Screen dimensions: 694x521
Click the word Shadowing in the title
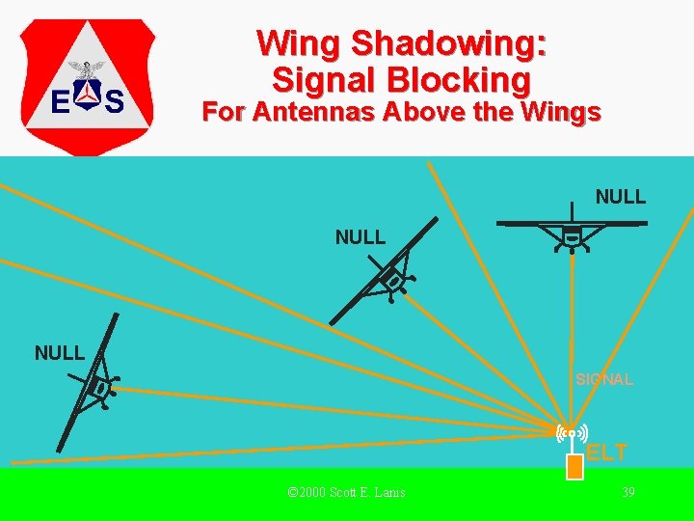click(x=449, y=44)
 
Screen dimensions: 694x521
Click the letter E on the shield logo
click(x=59, y=100)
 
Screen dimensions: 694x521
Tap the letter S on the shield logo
click(x=115, y=100)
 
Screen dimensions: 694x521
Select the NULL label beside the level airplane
click(x=621, y=198)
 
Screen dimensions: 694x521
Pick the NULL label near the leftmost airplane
click(x=60, y=353)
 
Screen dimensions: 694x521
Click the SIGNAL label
click(x=604, y=380)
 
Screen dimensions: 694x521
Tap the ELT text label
click(x=607, y=452)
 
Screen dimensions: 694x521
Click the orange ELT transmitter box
click(x=574, y=467)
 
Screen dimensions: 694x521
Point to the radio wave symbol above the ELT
click(x=573, y=434)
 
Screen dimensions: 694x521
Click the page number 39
click(x=627, y=493)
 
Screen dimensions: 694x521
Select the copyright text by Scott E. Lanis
click(x=347, y=493)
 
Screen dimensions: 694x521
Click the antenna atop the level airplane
click(x=573, y=211)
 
